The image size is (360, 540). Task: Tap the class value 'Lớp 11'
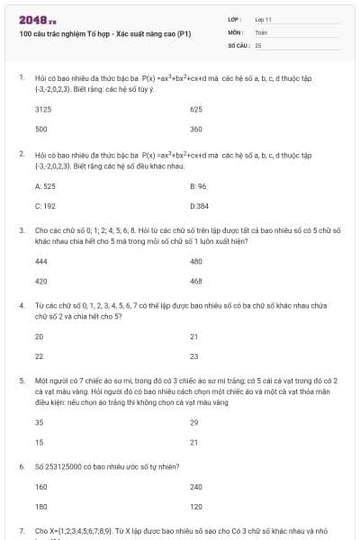pyautogui.click(x=263, y=19)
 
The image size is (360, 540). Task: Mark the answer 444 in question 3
pyautogui.click(x=40, y=261)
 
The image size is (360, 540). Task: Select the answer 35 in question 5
pyautogui.click(x=39, y=422)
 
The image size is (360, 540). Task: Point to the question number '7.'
pyautogui.click(x=21, y=532)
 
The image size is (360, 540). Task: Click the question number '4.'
pyautogui.click(x=21, y=306)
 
